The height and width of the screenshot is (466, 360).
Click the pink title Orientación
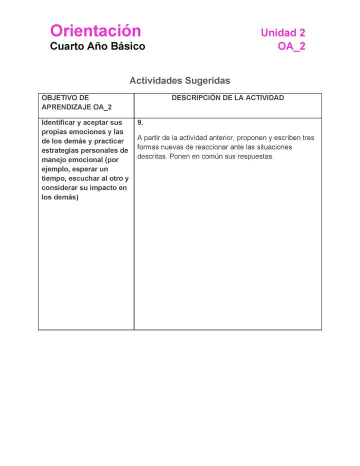coord(95,31)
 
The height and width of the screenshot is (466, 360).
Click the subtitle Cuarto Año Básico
coord(97,46)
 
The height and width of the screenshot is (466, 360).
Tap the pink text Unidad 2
coord(282,33)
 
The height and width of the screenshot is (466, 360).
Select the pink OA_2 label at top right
coord(291,46)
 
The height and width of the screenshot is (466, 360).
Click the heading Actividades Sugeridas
coord(179,80)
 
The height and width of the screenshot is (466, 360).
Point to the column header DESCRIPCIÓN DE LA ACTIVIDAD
coord(227,98)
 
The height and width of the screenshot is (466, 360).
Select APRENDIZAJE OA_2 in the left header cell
coord(76,107)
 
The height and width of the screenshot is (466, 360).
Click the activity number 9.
coord(140,122)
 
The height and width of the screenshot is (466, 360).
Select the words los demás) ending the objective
coord(60,197)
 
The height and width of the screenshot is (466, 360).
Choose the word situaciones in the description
coord(273,147)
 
